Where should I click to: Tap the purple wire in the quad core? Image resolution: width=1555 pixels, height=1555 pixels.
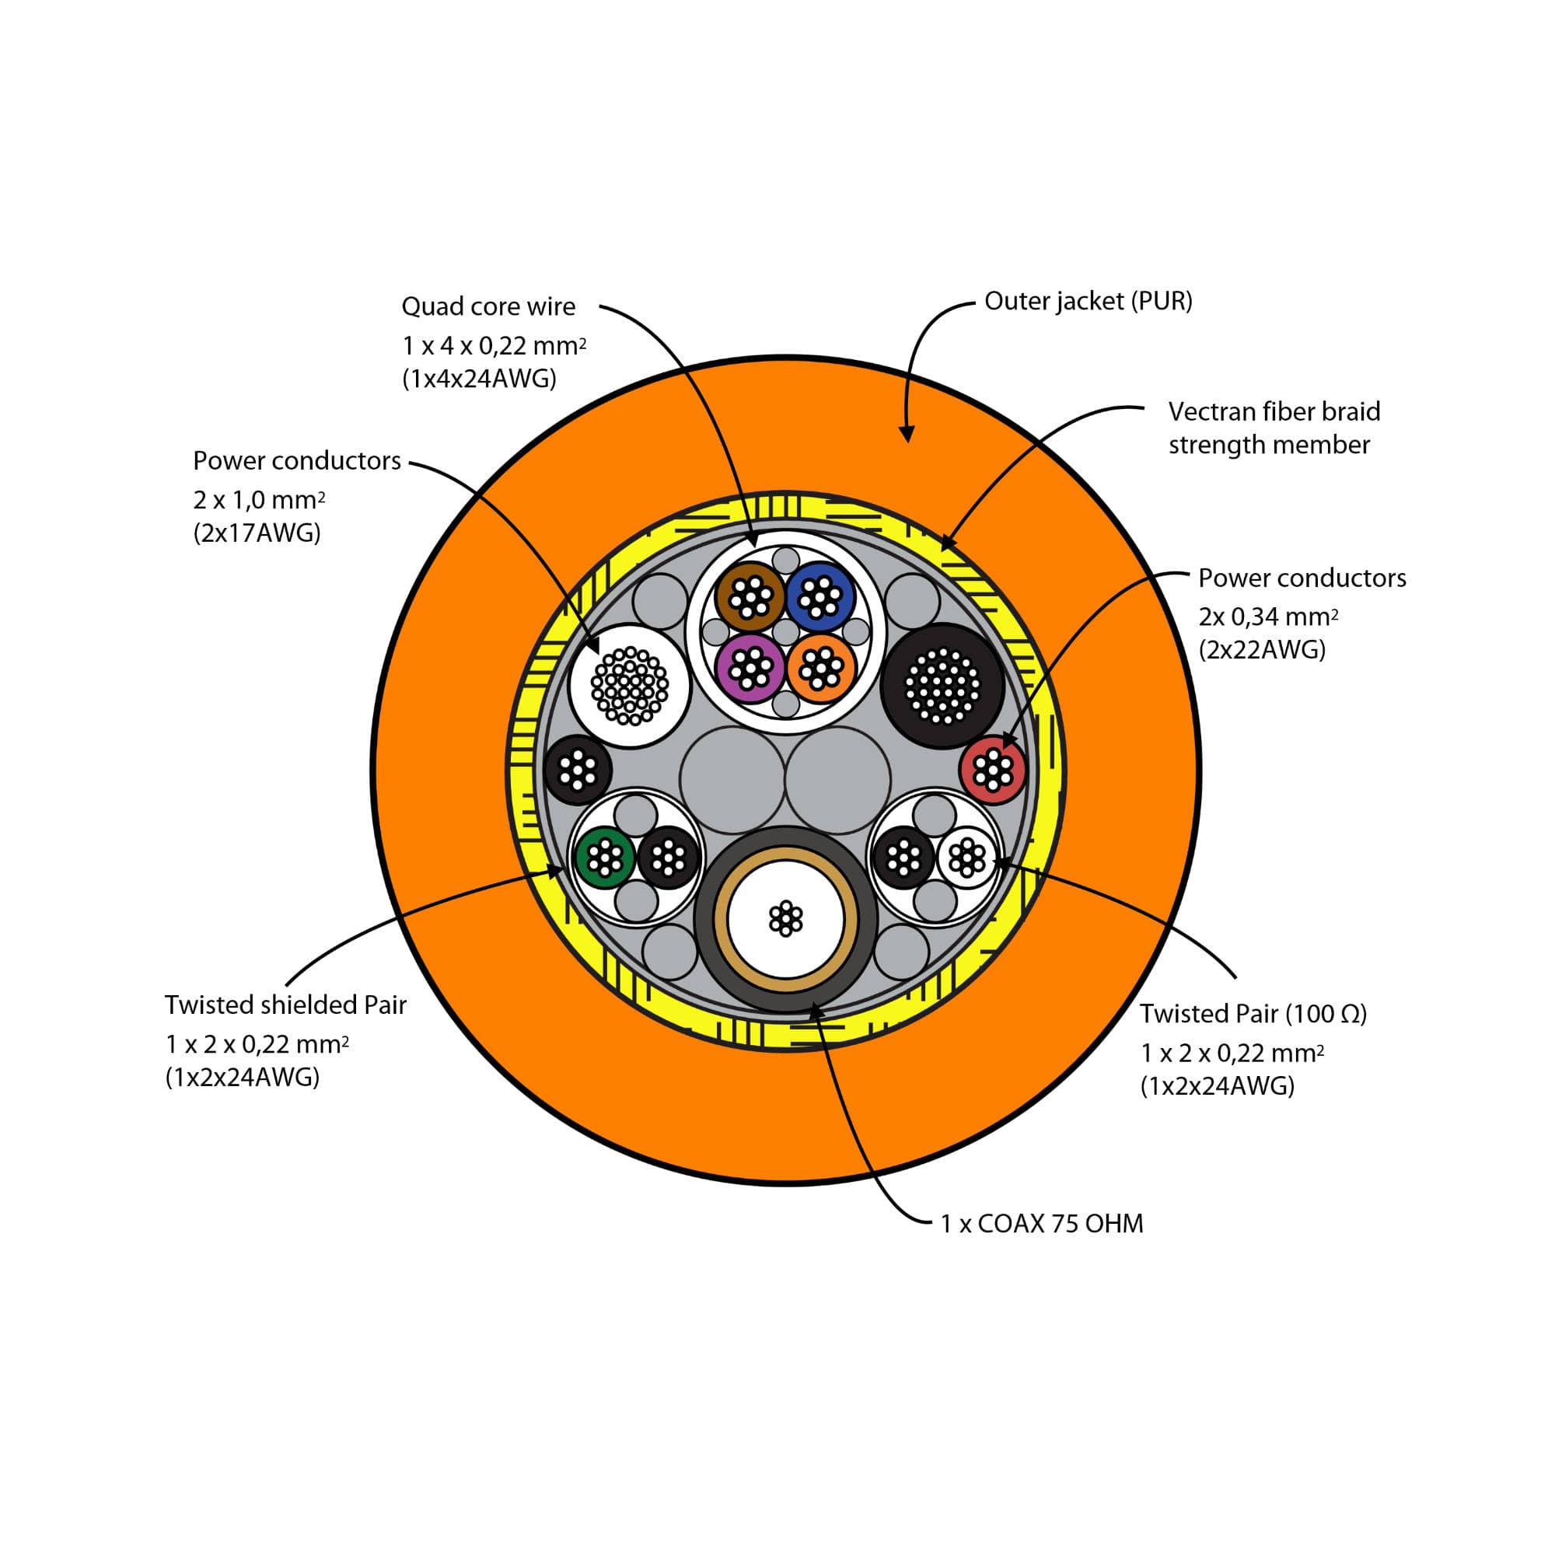750,667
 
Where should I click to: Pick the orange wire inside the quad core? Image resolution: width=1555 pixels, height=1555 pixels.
820,667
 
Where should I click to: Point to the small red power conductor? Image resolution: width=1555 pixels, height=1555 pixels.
993,770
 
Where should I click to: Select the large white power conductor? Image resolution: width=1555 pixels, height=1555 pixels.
630,686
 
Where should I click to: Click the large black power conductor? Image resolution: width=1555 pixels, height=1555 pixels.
942,686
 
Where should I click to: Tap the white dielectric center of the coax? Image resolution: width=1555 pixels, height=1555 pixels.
785,918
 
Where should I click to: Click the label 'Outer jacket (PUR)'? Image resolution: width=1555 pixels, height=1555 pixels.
1088,301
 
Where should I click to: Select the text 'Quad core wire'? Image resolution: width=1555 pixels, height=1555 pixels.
488,306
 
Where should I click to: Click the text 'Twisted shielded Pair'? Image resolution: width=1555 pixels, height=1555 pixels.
285,1005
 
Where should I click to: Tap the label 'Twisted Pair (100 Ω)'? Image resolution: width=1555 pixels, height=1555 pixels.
1253,1013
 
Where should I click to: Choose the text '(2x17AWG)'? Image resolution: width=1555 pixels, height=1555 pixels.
257,533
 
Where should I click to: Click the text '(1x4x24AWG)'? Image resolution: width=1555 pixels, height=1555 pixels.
479,379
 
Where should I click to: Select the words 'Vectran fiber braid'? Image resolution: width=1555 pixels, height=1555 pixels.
1274,412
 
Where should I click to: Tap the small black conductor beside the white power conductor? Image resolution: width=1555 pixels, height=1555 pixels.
578,771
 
